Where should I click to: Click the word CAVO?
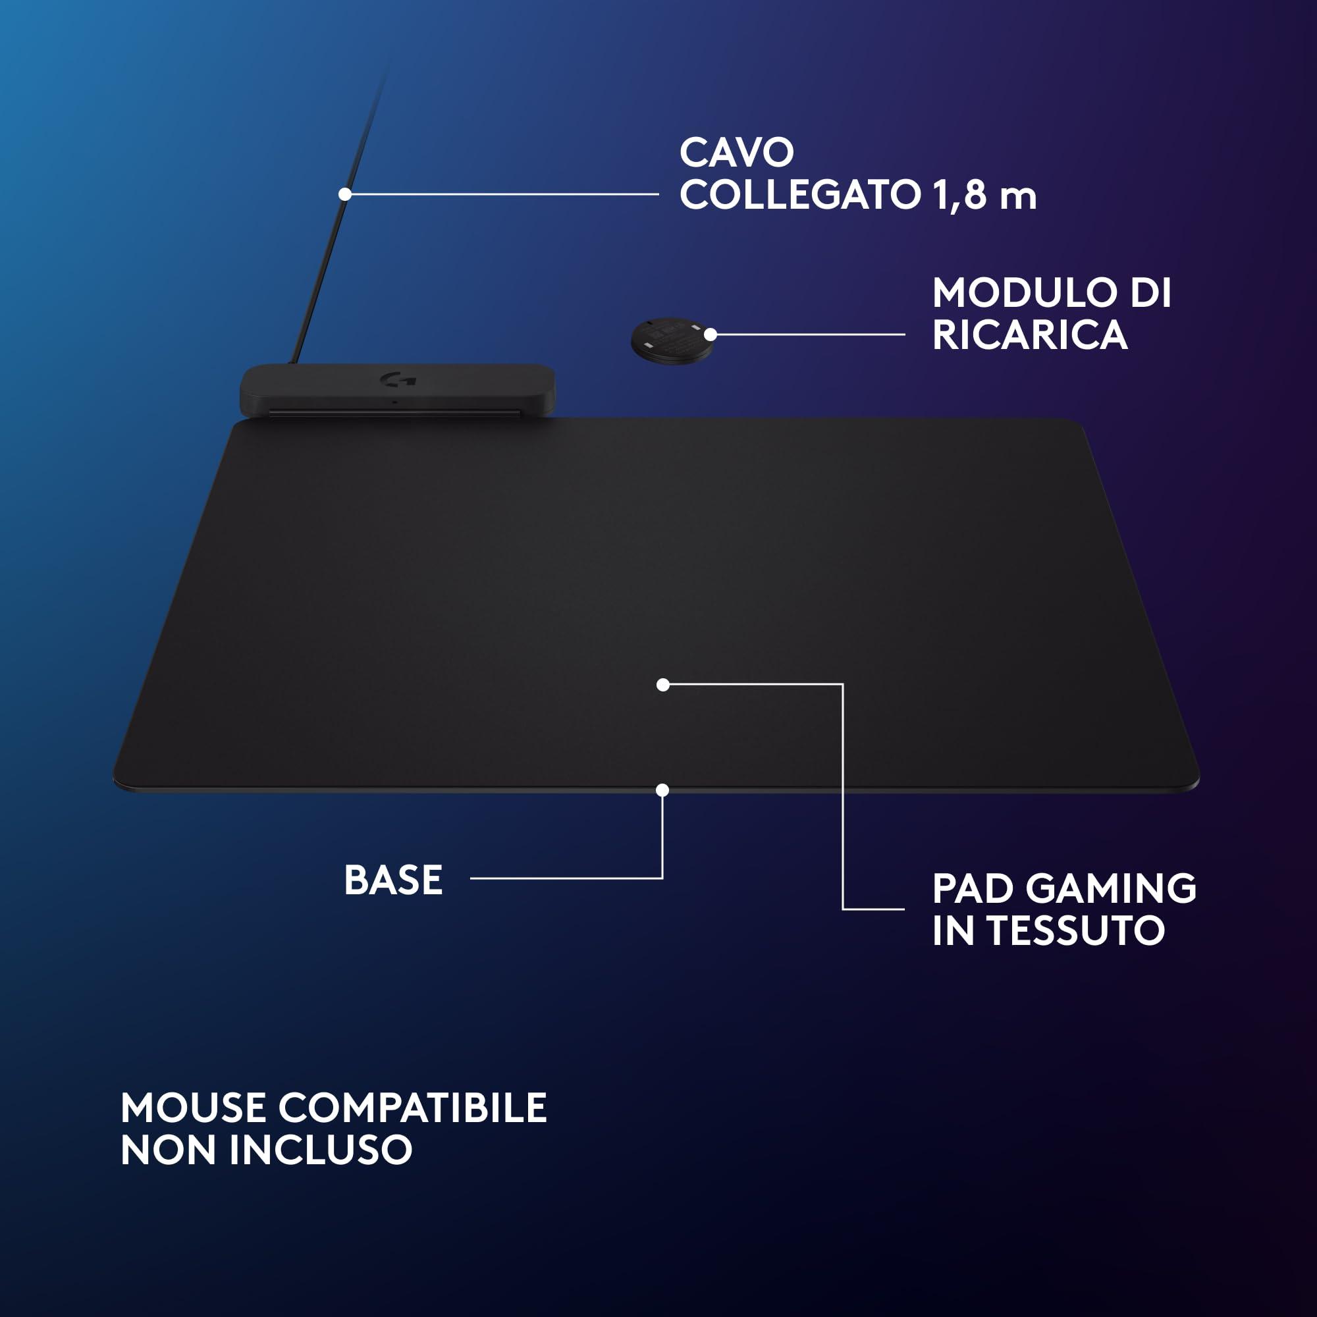pos(737,153)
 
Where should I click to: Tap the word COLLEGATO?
pos(800,195)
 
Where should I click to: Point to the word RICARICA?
pos(1029,335)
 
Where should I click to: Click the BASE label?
pos(393,880)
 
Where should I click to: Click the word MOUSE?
pos(193,1108)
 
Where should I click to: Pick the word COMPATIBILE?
pos(412,1108)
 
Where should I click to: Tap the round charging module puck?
pos(672,340)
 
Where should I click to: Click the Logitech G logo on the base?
pos(398,379)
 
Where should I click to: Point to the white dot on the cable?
pos(345,194)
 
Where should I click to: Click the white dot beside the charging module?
pos(711,335)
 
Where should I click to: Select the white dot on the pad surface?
pos(662,684)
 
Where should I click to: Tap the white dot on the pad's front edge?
pos(662,790)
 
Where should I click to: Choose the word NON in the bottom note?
pos(169,1150)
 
